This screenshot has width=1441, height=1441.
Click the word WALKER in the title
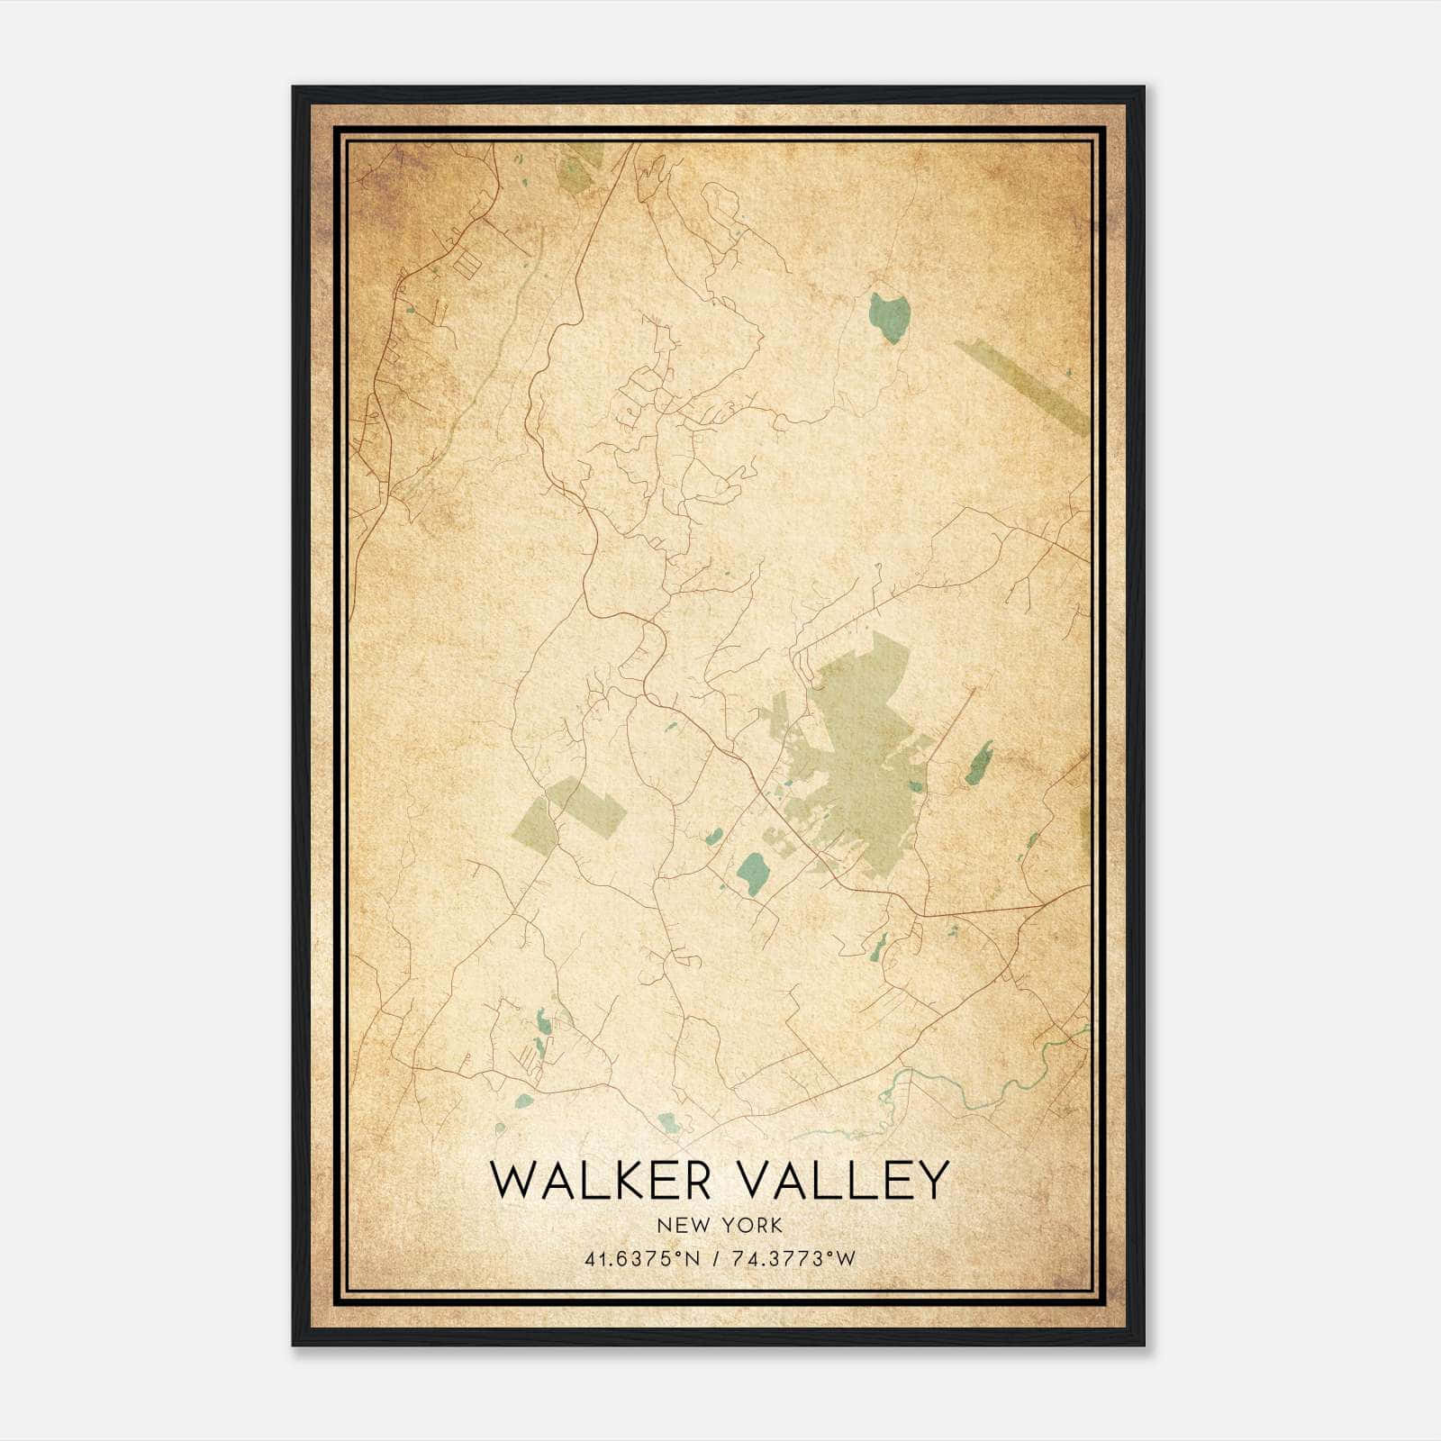coord(601,1181)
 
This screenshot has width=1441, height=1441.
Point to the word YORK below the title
coord(749,1225)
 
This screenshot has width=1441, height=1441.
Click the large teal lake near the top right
coord(890,316)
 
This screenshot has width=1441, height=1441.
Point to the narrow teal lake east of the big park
coord(979,763)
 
